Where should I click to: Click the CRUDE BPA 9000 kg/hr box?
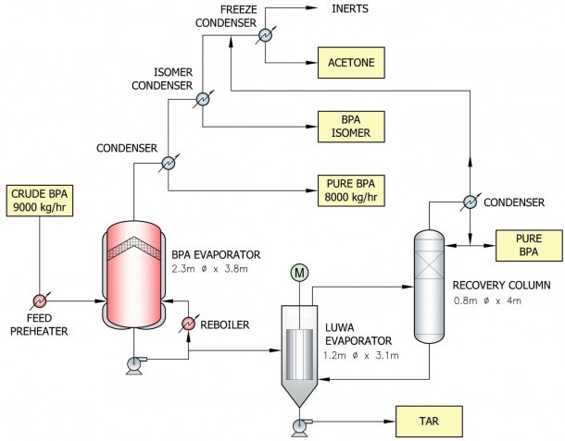click(x=40, y=201)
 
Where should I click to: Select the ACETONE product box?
click(x=351, y=63)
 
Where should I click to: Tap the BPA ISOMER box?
click(x=351, y=127)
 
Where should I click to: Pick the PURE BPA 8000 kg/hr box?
click(x=351, y=190)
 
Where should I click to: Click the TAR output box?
click(x=429, y=422)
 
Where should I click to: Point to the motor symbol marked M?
click(x=299, y=273)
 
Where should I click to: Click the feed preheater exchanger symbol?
click(x=40, y=301)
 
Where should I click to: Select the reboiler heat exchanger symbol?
click(x=188, y=324)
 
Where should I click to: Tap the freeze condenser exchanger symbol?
click(x=266, y=35)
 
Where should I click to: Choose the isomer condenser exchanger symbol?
click(x=203, y=99)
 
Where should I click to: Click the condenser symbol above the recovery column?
click(x=470, y=202)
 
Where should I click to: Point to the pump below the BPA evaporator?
click(x=134, y=365)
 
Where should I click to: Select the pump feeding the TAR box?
click(x=300, y=427)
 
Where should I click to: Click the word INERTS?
click(x=350, y=8)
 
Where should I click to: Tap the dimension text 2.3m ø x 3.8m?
click(x=209, y=269)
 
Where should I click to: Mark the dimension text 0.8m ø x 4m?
click(x=487, y=300)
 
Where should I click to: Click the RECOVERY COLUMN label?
click(x=502, y=286)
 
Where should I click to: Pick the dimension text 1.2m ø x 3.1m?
click(x=361, y=356)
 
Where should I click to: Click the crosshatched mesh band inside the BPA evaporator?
click(x=134, y=248)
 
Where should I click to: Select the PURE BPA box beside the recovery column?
click(x=529, y=245)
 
